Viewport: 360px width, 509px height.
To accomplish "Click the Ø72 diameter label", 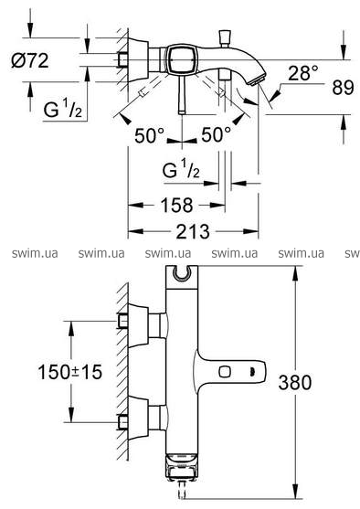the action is point(30,60).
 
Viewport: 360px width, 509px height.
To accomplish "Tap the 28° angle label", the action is point(303,73).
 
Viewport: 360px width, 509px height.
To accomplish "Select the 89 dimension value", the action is point(343,88).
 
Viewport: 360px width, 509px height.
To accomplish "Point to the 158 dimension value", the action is point(176,206).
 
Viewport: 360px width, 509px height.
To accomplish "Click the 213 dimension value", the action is point(193,232).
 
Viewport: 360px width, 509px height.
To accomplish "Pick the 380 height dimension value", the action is point(295,382).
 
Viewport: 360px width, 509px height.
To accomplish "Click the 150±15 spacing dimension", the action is point(69,372).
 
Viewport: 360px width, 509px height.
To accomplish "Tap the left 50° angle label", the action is point(150,135).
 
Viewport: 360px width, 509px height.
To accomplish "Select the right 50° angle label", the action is point(216,134).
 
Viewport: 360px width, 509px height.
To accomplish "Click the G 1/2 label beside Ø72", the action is point(62,109).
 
